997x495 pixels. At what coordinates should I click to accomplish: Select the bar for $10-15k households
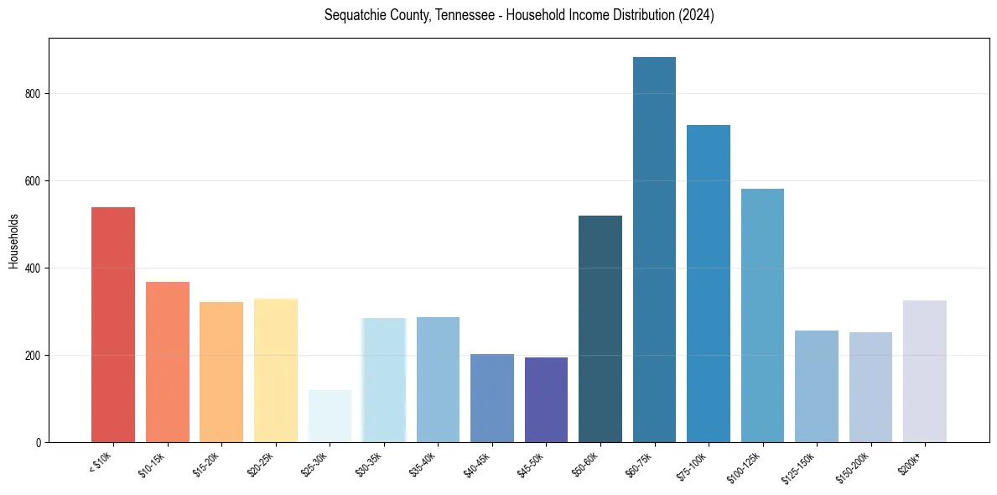click(167, 362)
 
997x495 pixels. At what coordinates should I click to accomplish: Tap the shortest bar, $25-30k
click(330, 416)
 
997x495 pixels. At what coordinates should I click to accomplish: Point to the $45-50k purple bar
click(546, 399)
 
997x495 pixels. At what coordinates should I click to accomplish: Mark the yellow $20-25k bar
click(276, 370)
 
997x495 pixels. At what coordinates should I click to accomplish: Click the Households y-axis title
click(13, 241)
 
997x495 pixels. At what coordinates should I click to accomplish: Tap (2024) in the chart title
click(695, 16)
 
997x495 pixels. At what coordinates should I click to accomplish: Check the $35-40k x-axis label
click(425, 464)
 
